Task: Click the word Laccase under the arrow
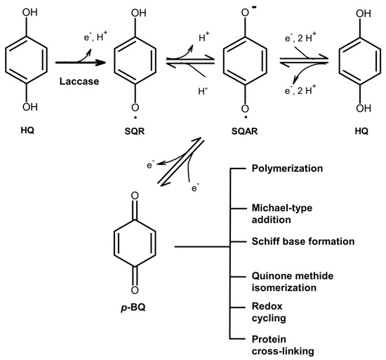click(79, 81)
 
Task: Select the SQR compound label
click(135, 131)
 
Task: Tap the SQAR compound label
click(244, 131)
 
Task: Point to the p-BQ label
click(133, 307)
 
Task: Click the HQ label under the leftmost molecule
click(27, 130)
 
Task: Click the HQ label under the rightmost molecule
click(361, 131)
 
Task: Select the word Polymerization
click(287, 168)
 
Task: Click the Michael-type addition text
click(282, 213)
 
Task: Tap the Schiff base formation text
click(303, 241)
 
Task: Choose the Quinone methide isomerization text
click(293, 281)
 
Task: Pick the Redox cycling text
click(269, 312)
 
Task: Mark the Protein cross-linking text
click(283, 345)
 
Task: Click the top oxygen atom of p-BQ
click(135, 196)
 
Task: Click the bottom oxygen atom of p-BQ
click(135, 291)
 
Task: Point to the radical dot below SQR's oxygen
click(135, 117)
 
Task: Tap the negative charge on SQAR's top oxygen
click(254, 8)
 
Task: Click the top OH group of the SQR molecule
click(138, 13)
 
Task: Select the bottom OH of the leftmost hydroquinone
click(30, 107)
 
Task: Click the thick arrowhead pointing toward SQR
click(100, 62)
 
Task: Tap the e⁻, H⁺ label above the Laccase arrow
click(95, 36)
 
